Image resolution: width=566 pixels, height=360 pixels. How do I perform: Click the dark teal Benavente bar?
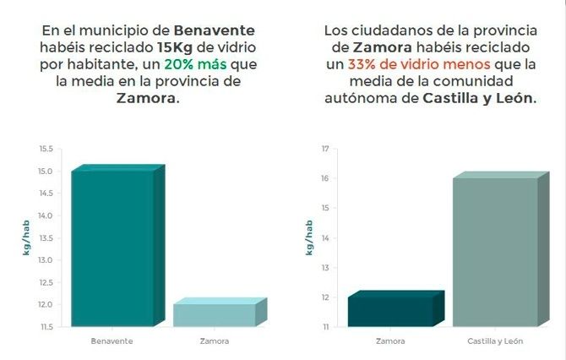click(112, 248)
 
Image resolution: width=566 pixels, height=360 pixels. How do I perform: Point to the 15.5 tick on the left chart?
click(45, 149)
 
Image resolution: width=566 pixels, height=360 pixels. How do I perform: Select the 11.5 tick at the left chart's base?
click(45, 326)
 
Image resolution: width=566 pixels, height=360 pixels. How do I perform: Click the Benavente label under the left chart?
click(112, 341)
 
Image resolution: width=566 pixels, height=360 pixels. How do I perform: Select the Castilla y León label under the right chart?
click(494, 341)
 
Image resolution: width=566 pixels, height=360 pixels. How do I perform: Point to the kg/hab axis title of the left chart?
click(26, 238)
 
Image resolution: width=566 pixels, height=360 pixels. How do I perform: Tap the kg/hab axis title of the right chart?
click(307, 238)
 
